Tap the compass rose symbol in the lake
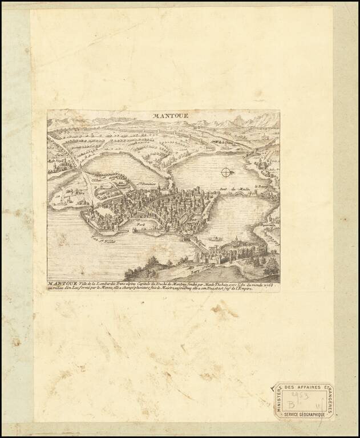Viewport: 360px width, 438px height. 226,172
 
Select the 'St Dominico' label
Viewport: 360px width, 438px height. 147,184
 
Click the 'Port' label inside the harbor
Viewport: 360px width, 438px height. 139,226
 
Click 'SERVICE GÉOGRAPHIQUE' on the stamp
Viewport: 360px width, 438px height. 303,414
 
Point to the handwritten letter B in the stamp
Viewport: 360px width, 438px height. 292,401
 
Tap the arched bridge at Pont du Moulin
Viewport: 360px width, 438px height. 240,194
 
